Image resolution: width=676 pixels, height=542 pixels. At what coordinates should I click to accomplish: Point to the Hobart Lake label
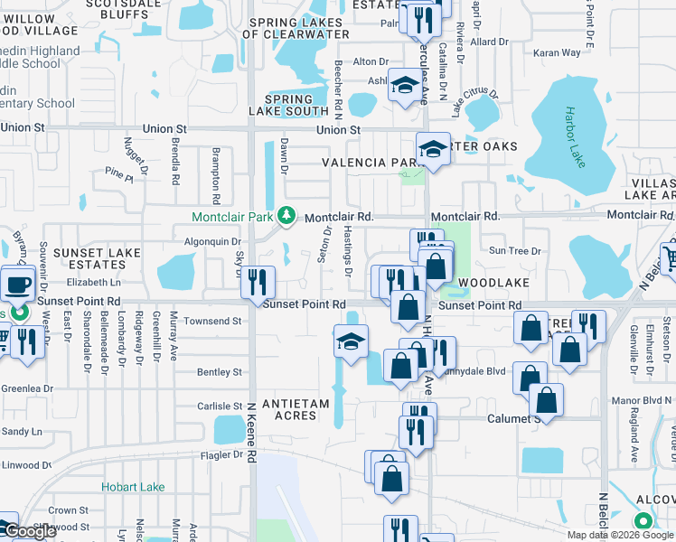134,487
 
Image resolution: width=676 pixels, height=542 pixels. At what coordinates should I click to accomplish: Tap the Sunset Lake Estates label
89,258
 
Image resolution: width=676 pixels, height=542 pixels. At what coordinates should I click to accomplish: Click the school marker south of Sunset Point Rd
351,341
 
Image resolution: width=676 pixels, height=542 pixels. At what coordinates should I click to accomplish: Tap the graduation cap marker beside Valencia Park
433,149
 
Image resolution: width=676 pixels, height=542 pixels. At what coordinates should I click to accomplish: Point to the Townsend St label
212,321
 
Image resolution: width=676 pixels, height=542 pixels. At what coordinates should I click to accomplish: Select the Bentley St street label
220,372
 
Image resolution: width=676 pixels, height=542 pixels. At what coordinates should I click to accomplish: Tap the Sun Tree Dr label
513,250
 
